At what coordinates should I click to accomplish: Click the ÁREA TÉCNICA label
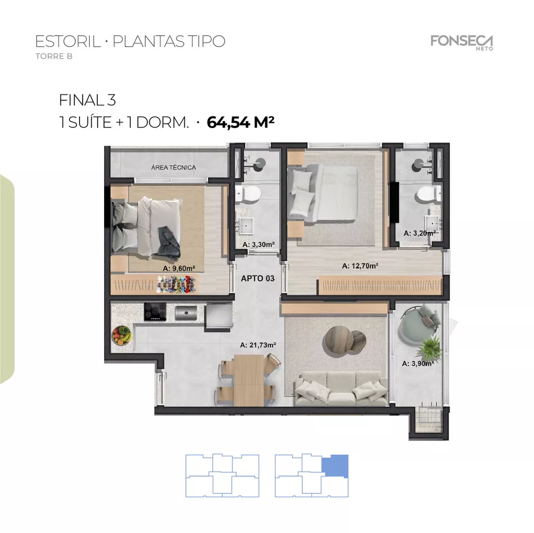(174, 168)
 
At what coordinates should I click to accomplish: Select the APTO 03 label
(257, 278)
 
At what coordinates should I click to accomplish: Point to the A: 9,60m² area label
(179, 268)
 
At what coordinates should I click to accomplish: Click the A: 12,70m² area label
(360, 266)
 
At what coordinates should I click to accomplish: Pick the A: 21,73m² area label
(258, 345)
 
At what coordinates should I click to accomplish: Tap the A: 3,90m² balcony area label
(417, 363)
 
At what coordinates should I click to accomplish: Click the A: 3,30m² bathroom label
(258, 244)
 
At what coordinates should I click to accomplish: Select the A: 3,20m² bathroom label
(420, 233)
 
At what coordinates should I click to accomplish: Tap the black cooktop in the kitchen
(155, 312)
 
